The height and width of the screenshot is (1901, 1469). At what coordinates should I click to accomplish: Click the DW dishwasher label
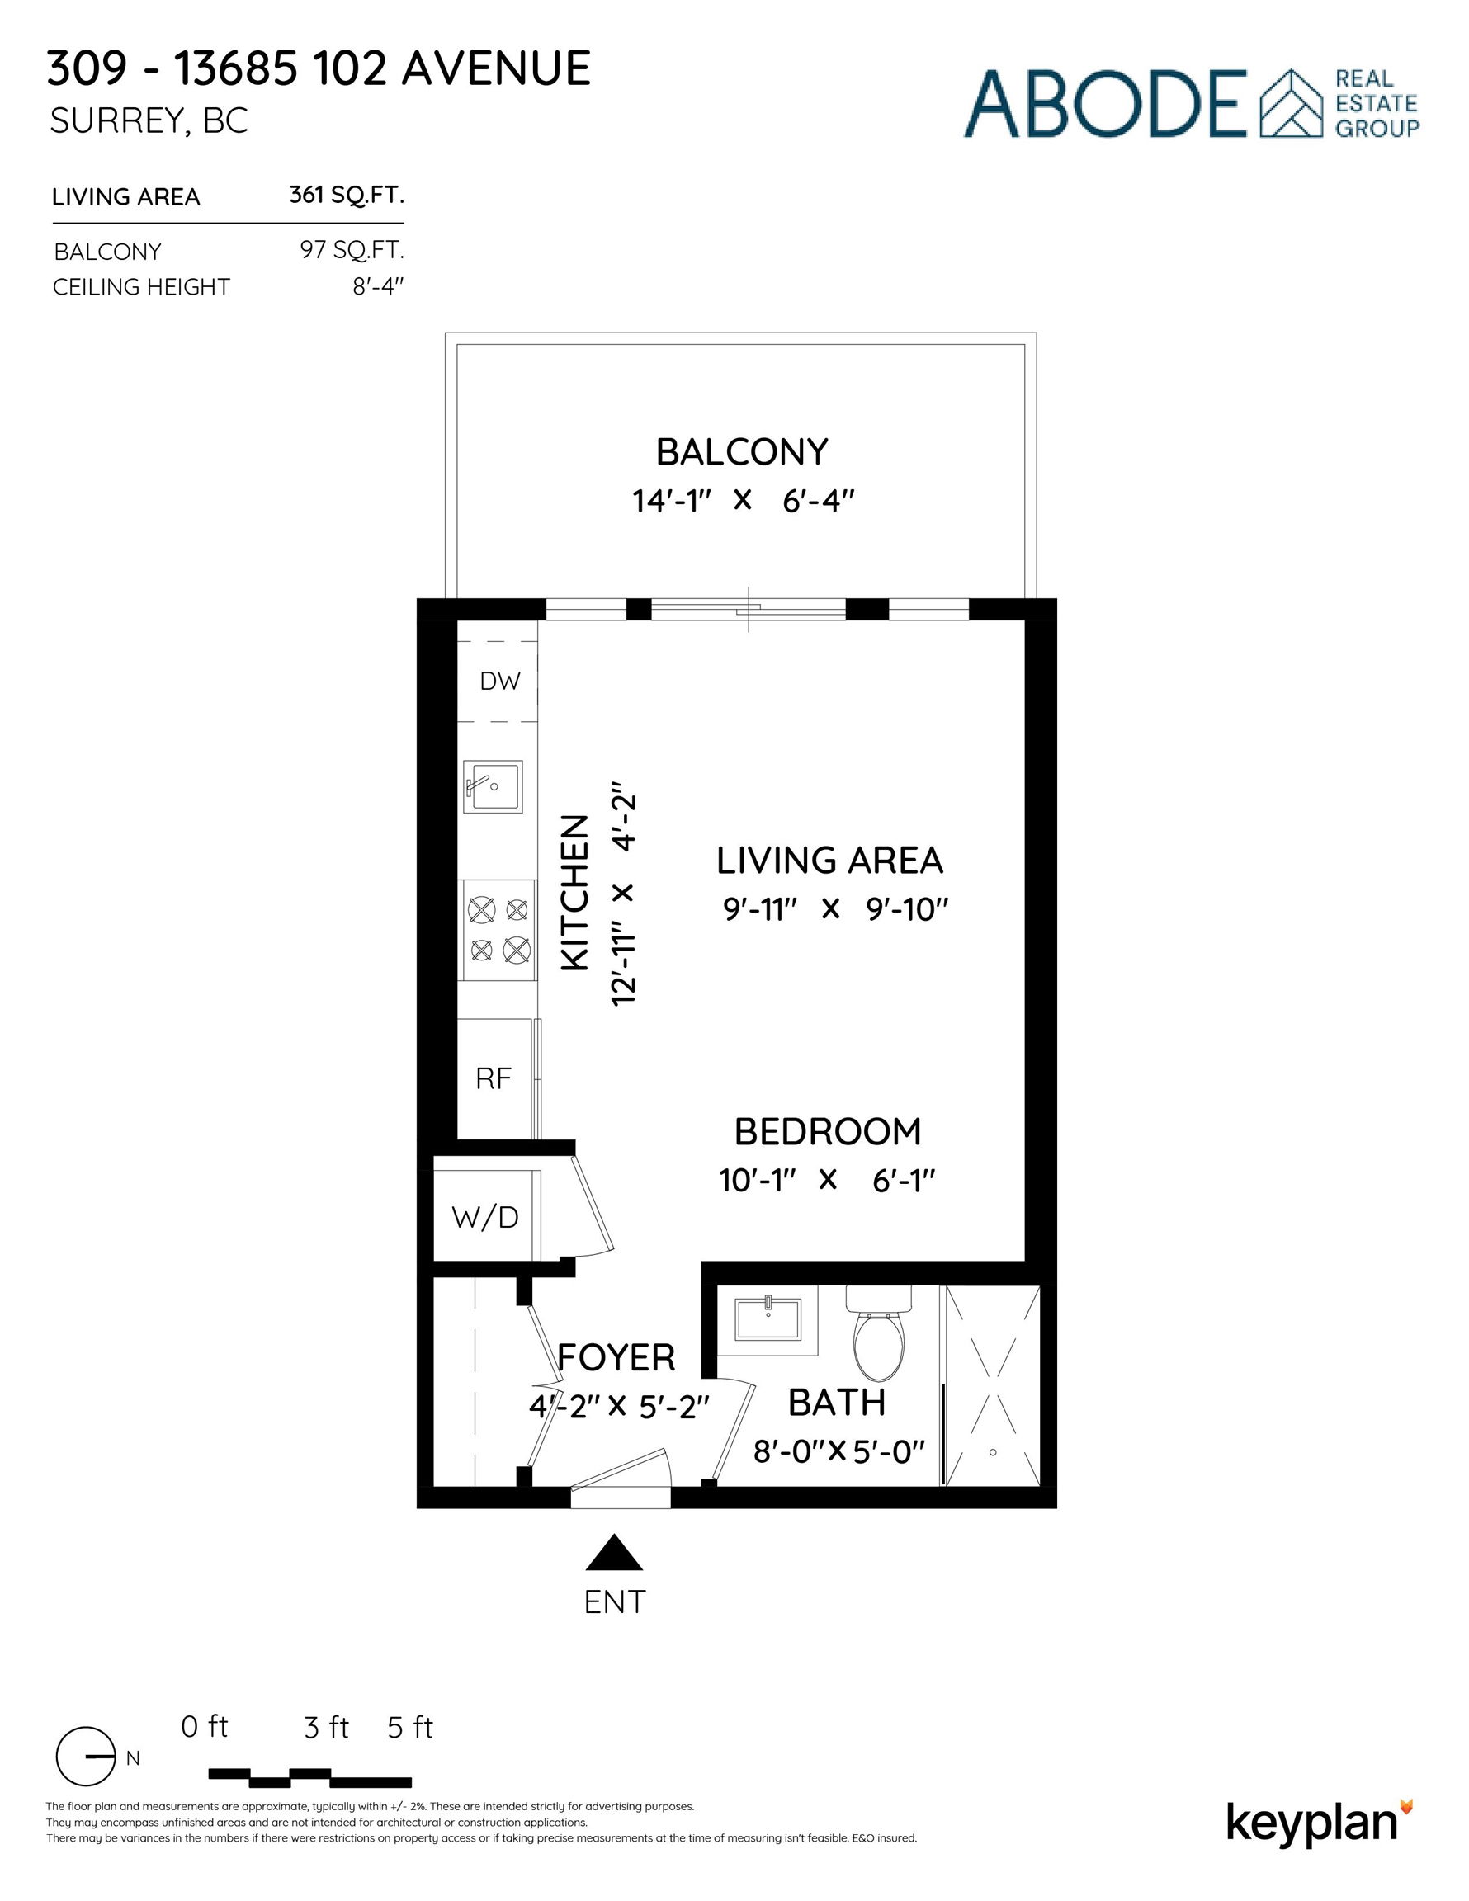pos(500,682)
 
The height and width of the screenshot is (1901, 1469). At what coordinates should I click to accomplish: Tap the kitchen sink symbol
pos(492,786)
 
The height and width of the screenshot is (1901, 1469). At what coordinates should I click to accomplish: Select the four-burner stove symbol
pos(499,930)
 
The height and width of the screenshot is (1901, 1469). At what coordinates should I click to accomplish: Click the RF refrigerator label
pos(494,1079)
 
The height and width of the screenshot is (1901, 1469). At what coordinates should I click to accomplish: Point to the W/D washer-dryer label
pos(485,1217)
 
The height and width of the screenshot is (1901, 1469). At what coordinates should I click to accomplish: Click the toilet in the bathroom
pos(879,1336)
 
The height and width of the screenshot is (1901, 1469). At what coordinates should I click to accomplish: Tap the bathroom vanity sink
pos(768,1319)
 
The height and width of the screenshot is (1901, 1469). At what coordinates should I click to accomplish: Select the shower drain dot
pos(993,1452)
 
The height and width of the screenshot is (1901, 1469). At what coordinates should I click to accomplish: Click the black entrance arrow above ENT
pos(615,1554)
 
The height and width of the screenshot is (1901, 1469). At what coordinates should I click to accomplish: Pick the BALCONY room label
pos(742,453)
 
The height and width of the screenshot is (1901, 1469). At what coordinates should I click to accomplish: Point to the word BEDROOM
pos(828,1131)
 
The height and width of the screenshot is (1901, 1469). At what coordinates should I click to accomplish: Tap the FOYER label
pos(616,1358)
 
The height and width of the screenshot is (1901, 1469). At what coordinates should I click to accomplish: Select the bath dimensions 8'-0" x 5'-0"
pos(838,1451)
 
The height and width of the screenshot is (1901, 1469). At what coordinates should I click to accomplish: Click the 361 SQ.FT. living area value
pos(347,195)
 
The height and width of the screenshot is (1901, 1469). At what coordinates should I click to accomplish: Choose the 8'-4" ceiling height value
pos(379,286)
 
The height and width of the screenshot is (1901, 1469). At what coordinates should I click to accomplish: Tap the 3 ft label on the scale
pos(326,1728)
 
